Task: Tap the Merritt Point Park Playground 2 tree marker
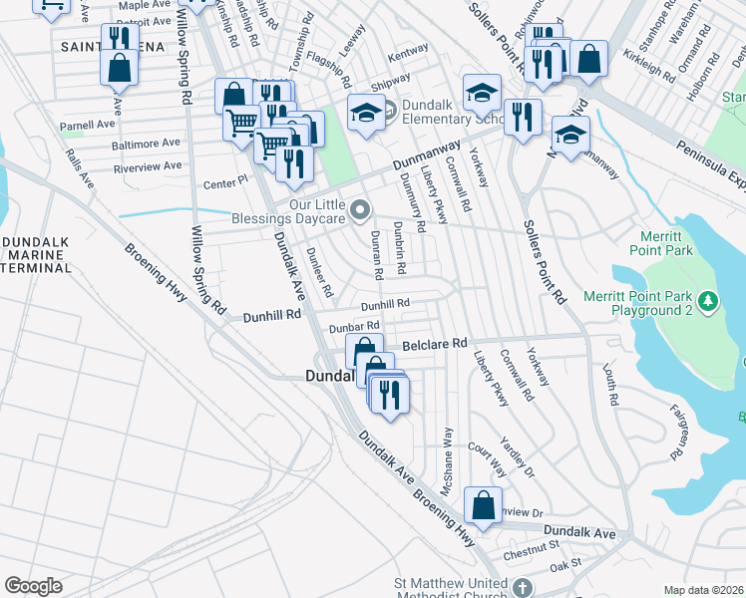click(708, 300)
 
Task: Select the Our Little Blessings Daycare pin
click(361, 209)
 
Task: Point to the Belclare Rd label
click(435, 344)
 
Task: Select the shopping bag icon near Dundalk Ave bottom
click(483, 505)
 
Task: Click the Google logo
click(33, 586)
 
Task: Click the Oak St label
click(564, 565)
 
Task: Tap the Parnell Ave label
click(87, 126)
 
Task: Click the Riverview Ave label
click(148, 165)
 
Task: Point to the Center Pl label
click(224, 182)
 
